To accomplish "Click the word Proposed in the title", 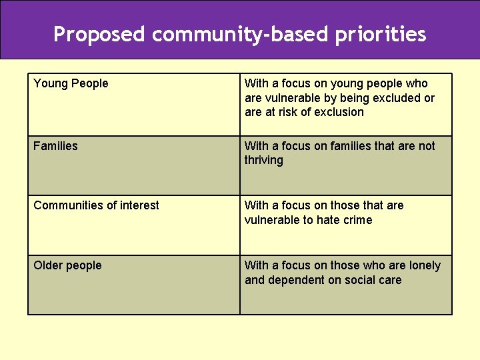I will click(99, 34).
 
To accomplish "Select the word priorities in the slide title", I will click(380, 34).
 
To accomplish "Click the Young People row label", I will click(71, 83).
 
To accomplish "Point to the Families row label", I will click(55, 146).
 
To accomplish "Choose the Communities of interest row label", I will click(96, 205).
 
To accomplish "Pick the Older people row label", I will click(67, 265).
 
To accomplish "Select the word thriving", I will click(263, 160).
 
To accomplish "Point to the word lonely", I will click(425, 265).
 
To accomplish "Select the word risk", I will click(286, 112).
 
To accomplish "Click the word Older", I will click(49, 265).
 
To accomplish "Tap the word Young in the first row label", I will click(50, 83).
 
